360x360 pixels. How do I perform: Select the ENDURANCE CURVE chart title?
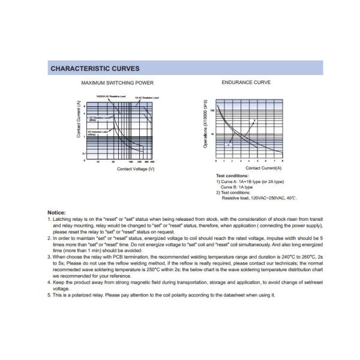click(245, 83)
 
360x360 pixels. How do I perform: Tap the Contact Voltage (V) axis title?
click(136, 169)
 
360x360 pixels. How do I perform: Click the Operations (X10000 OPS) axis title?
click(205, 124)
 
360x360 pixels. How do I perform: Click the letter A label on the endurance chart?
click(229, 145)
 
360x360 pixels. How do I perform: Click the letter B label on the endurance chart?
click(254, 121)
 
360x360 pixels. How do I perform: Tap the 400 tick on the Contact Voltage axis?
click(152, 162)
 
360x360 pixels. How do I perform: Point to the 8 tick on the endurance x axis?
click(283, 161)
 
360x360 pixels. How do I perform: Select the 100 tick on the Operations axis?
click(212, 111)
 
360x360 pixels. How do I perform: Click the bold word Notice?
click(57, 213)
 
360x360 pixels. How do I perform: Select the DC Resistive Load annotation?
click(98, 118)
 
